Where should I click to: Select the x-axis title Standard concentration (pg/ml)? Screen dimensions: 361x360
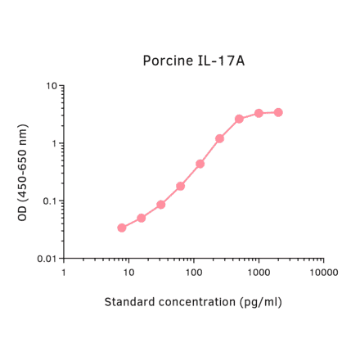coord(193,302)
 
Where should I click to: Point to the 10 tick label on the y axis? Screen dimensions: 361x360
coord(51,86)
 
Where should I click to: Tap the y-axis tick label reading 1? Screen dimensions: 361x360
coord(54,144)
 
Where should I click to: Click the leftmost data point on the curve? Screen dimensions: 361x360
coord(122,228)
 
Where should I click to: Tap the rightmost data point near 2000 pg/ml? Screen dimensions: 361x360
coord(278,112)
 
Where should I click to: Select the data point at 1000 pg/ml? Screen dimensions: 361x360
coord(259,113)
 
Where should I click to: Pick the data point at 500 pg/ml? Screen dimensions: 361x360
coord(239,119)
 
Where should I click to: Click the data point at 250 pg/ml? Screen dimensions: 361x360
coord(219,138)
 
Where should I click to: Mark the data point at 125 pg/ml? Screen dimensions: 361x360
coord(200,164)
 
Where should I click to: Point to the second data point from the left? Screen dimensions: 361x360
coord(142,218)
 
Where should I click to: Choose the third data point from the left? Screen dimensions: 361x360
coord(161,205)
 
